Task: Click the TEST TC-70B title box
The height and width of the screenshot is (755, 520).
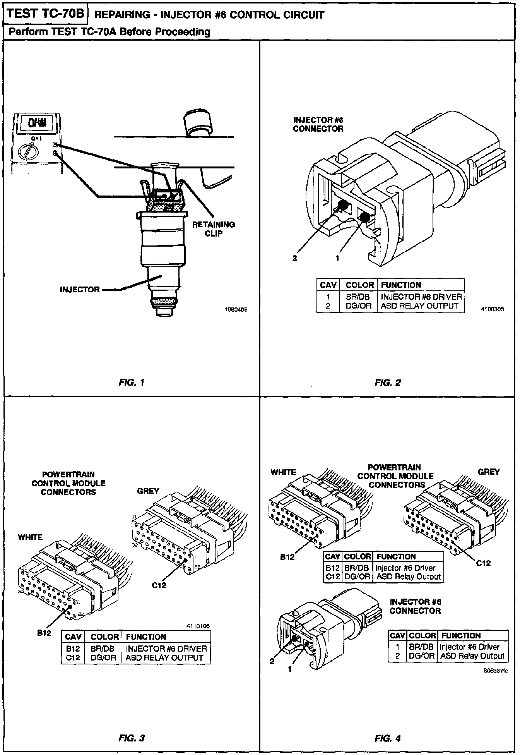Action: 46,14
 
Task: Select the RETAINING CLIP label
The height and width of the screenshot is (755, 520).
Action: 214,229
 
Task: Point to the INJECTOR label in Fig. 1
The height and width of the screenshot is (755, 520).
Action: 79,290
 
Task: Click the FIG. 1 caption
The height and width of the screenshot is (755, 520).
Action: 131,383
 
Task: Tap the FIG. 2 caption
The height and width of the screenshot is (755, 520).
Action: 388,383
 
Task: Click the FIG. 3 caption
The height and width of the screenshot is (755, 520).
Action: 131,738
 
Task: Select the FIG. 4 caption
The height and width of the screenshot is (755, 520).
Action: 388,738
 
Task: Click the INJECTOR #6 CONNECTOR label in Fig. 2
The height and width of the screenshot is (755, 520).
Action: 318,124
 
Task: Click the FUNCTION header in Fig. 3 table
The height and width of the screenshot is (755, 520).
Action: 146,637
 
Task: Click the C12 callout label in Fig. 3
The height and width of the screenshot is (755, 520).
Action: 159,585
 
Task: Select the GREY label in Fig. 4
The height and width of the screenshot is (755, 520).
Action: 489,472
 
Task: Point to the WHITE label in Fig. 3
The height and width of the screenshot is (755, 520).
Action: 30,537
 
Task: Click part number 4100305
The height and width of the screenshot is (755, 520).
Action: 493,309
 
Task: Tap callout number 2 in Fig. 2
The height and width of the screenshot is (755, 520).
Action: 295,258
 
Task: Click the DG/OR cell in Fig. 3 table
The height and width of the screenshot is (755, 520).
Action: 103,657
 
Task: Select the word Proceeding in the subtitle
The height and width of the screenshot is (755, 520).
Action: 183,31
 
